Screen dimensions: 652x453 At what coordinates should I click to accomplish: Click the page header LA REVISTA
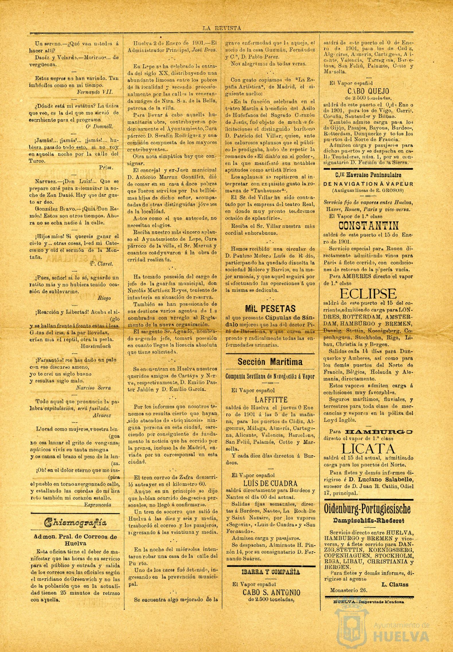(x=222, y=28)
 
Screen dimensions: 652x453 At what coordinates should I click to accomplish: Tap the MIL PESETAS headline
(x=270, y=308)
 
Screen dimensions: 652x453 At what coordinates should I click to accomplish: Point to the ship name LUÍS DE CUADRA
(x=270, y=483)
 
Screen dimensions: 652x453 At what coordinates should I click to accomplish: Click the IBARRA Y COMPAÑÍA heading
(x=271, y=572)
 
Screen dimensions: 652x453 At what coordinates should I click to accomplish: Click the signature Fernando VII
(x=95, y=92)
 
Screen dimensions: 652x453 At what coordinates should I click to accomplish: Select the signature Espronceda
(x=98, y=504)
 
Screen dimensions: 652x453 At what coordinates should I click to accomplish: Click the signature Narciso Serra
(x=93, y=388)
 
